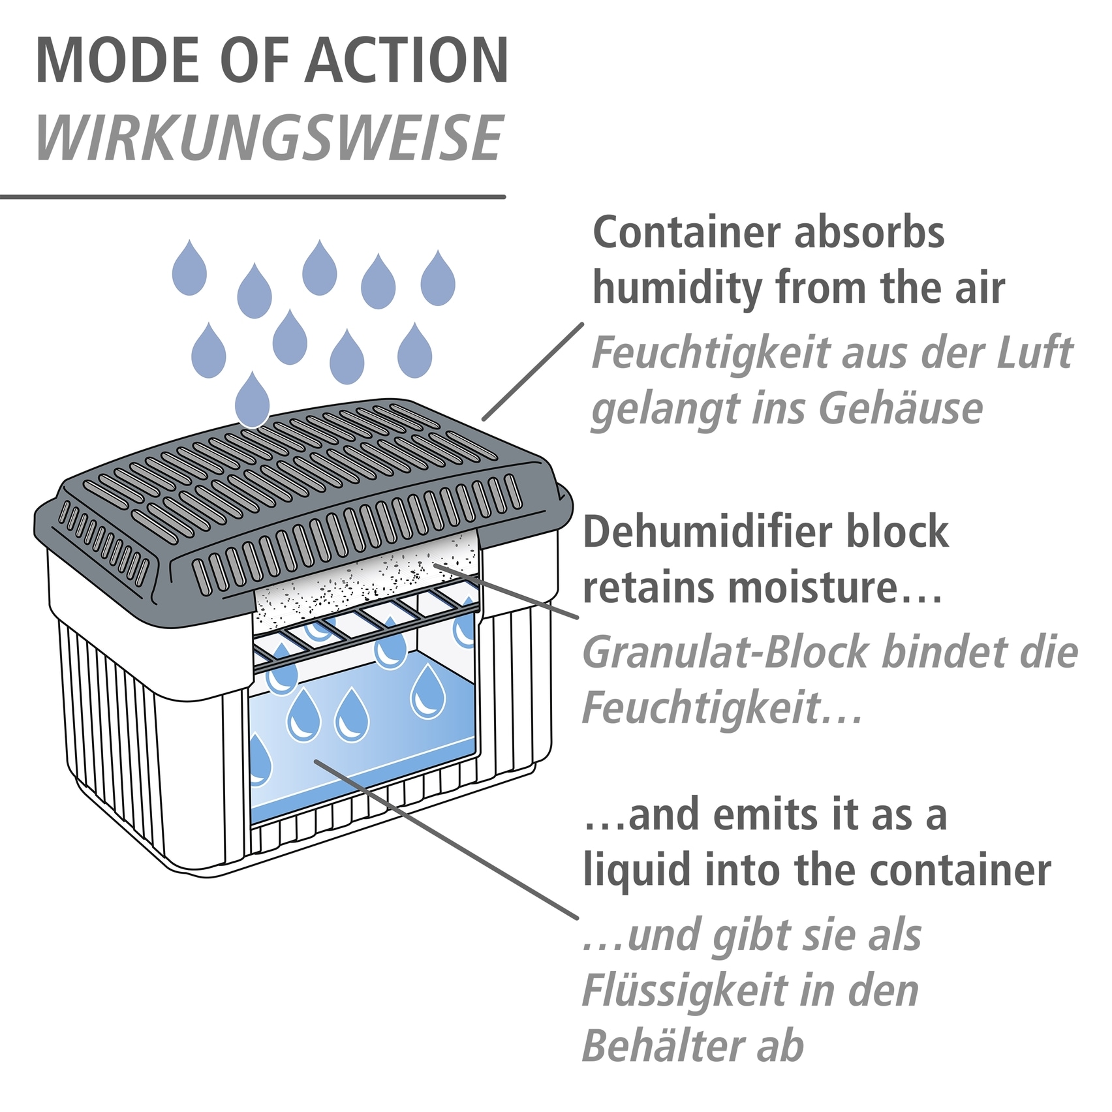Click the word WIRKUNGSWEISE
click(270, 138)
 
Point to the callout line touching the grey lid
click(532, 372)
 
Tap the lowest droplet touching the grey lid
click(253, 399)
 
